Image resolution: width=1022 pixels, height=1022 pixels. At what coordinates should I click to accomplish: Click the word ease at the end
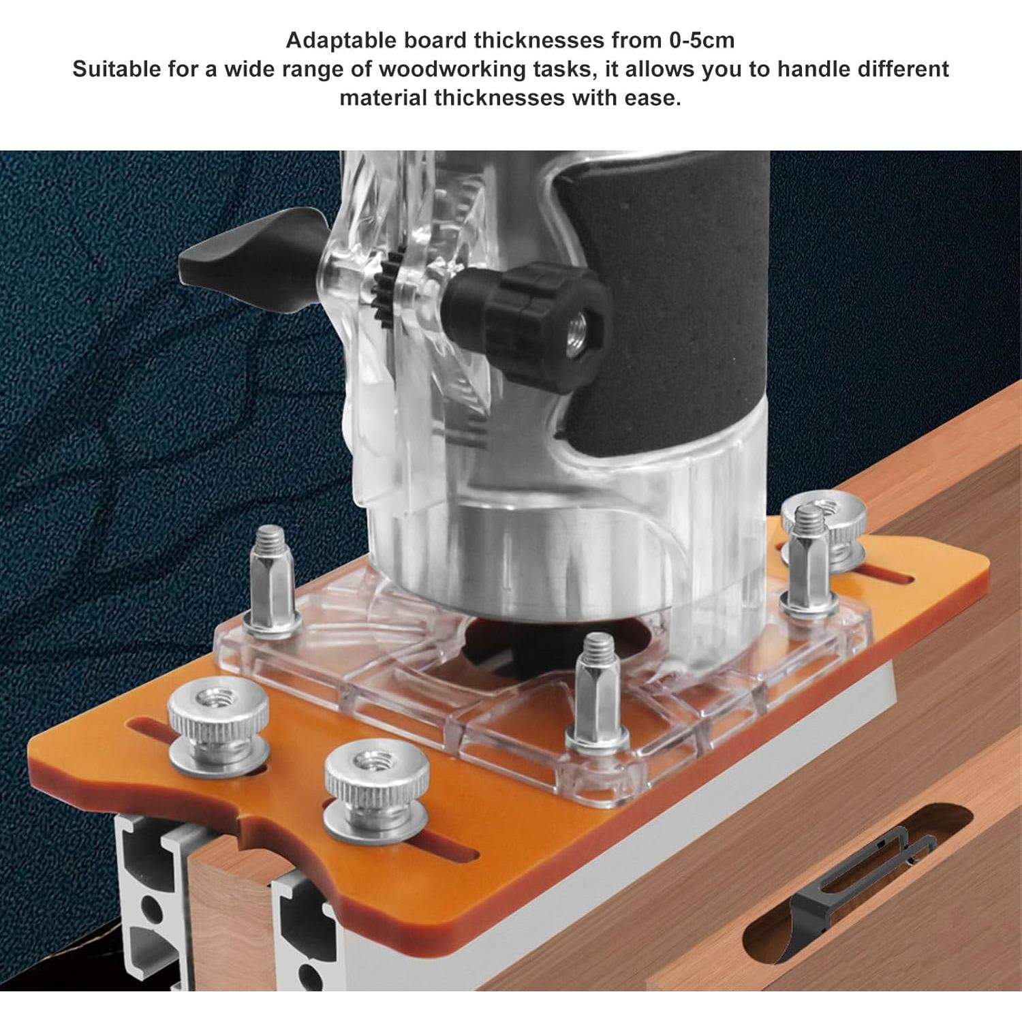[x=653, y=97]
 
